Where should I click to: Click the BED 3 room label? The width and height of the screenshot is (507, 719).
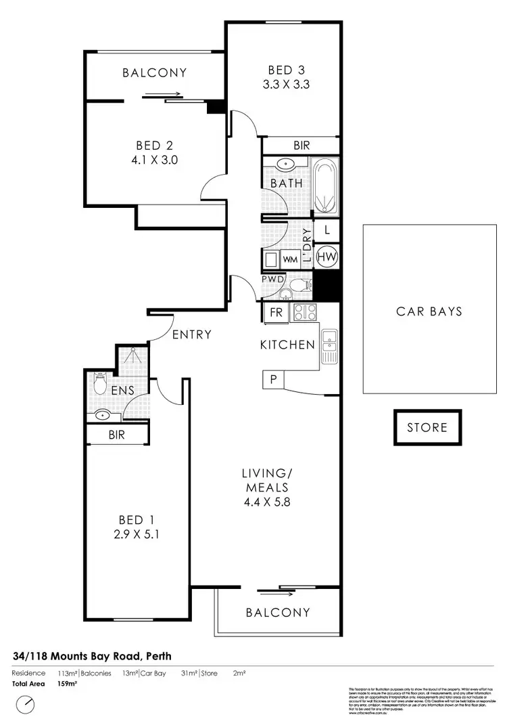point(281,70)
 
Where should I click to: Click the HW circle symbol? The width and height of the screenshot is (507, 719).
point(327,257)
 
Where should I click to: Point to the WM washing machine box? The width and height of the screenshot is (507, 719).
point(290,259)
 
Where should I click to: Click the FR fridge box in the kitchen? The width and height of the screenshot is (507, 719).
point(276,313)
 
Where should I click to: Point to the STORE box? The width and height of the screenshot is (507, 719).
point(427,427)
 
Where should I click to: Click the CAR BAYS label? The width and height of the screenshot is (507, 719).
point(429,311)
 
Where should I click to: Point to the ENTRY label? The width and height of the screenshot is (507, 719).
point(191,334)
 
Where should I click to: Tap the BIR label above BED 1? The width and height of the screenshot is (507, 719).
point(117,435)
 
